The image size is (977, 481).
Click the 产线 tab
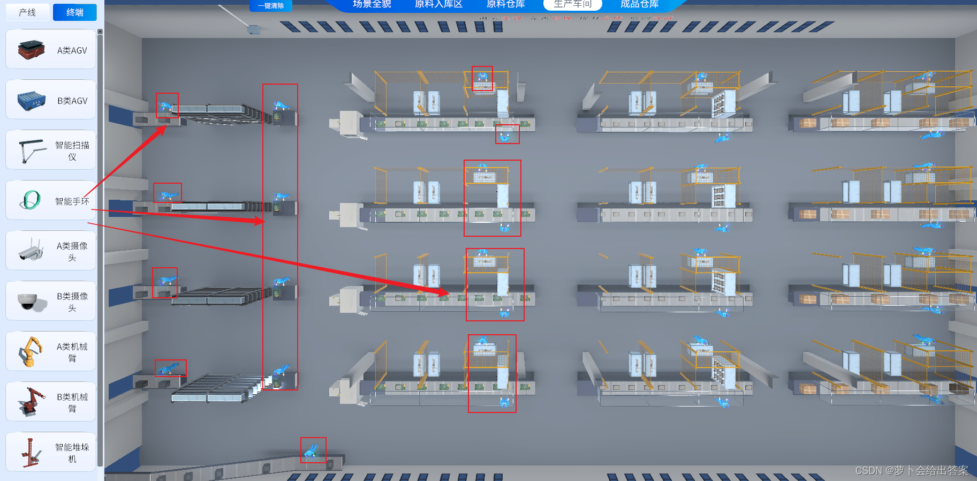[x=27, y=12]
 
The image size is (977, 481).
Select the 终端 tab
[x=75, y=12]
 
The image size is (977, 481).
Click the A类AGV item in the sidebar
[x=51, y=50]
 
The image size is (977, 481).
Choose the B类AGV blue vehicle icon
[x=31, y=100]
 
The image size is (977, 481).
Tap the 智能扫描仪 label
[x=72, y=151]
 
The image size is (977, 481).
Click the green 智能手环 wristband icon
[x=31, y=200]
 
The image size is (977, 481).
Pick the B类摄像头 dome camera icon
[x=28, y=302]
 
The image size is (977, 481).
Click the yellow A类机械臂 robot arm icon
[x=31, y=351]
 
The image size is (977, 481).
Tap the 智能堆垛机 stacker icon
[x=31, y=452]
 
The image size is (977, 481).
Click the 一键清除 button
[x=271, y=5]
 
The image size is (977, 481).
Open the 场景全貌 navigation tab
[x=372, y=4]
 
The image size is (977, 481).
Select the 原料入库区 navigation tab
[x=438, y=4]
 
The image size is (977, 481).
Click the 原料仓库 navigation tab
[x=505, y=4]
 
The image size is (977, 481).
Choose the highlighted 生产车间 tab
[x=572, y=4]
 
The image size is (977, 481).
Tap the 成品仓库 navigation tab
[x=639, y=4]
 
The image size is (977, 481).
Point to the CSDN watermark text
[x=911, y=470]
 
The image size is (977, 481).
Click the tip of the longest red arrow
[x=449, y=294]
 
